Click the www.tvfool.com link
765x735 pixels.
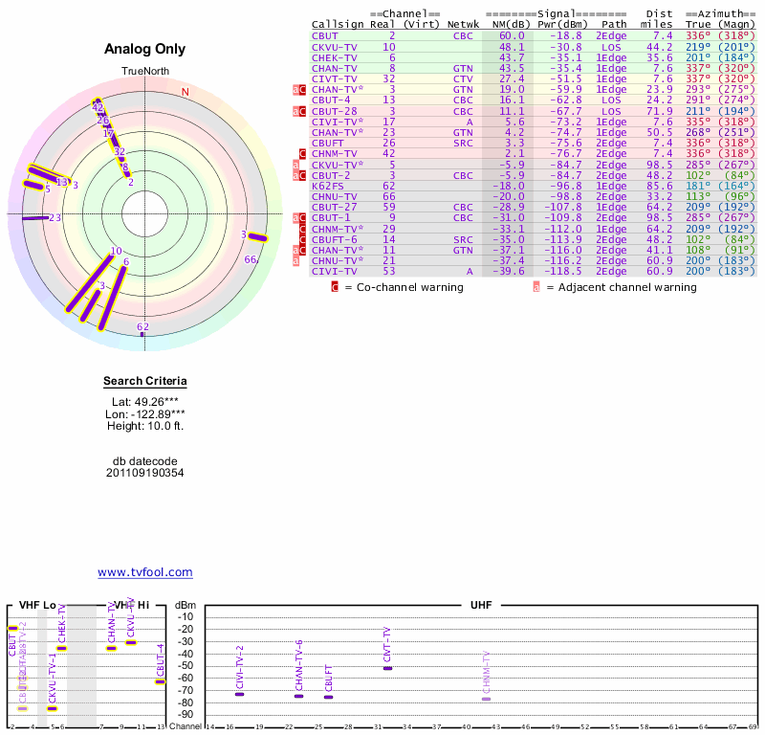pyautogui.click(x=144, y=572)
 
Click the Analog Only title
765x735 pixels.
pyautogui.click(x=144, y=49)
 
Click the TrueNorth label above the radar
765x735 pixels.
pyautogui.click(x=144, y=72)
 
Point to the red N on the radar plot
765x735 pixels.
pyautogui.click(x=186, y=92)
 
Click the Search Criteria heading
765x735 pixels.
pyautogui.click(x=144, y=382)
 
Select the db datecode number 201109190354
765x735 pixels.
pyautogui.click(x=144, y=473)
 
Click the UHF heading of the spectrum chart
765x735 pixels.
pyautogui.click(x=481, y=606)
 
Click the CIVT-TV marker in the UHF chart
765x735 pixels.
pyautogui.click(x=387, y=667)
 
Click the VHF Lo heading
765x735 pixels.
pyautogui.click(x=37, y=606)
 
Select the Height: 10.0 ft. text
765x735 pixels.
pyautogui.click(x=144, y=426)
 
